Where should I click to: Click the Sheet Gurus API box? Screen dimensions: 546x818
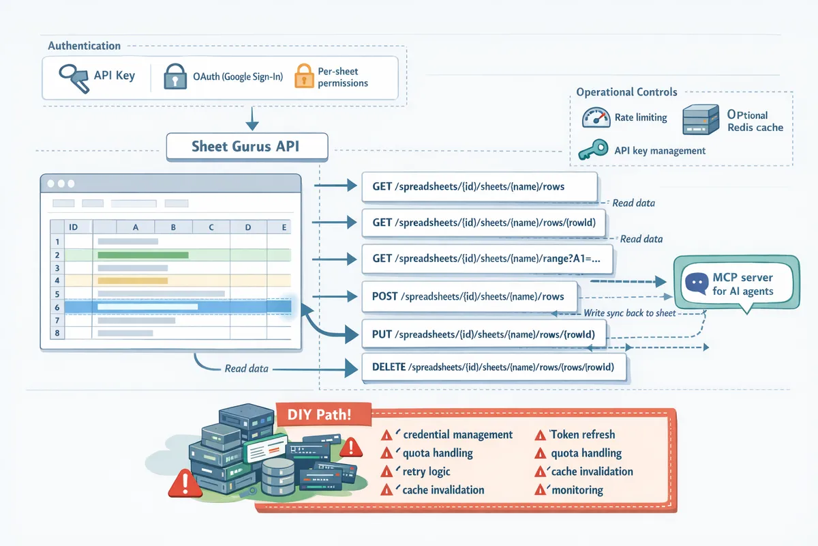click(x=247, y=147)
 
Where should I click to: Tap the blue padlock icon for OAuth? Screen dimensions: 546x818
click(x=175, y=77)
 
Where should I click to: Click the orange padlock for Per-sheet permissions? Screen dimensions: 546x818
click(x=304, y=76)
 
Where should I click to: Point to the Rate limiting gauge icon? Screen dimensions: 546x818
click(x=596, y=117)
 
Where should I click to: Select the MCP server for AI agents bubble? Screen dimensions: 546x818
click(x=736, y=283)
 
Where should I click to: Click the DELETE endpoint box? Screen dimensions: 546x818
click(x=494, y=367)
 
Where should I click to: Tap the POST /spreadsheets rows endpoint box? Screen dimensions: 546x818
click(x=469, y=296)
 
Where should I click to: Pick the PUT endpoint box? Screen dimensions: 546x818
click(x=485, y=334)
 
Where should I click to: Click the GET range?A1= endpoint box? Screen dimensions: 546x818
click(x=487, y=259)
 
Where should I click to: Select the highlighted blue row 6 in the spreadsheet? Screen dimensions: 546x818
click(x=170, y=307)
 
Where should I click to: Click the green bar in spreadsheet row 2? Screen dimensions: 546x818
click(x=142, y=255)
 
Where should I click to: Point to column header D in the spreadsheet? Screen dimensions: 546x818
click(x=247, y=227)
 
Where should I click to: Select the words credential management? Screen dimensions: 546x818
click(x=457, y=434)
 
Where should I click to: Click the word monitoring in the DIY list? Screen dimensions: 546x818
click(x=577, y=489)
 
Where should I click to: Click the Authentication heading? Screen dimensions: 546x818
click(x=84, y=46)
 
